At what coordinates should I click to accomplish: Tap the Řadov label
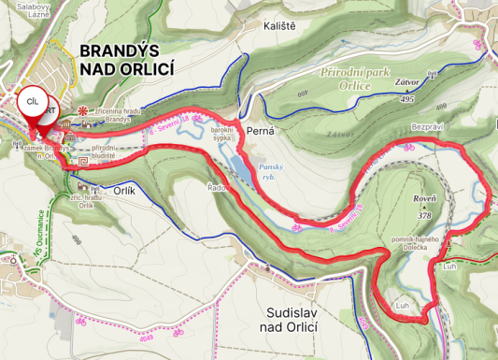219,186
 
